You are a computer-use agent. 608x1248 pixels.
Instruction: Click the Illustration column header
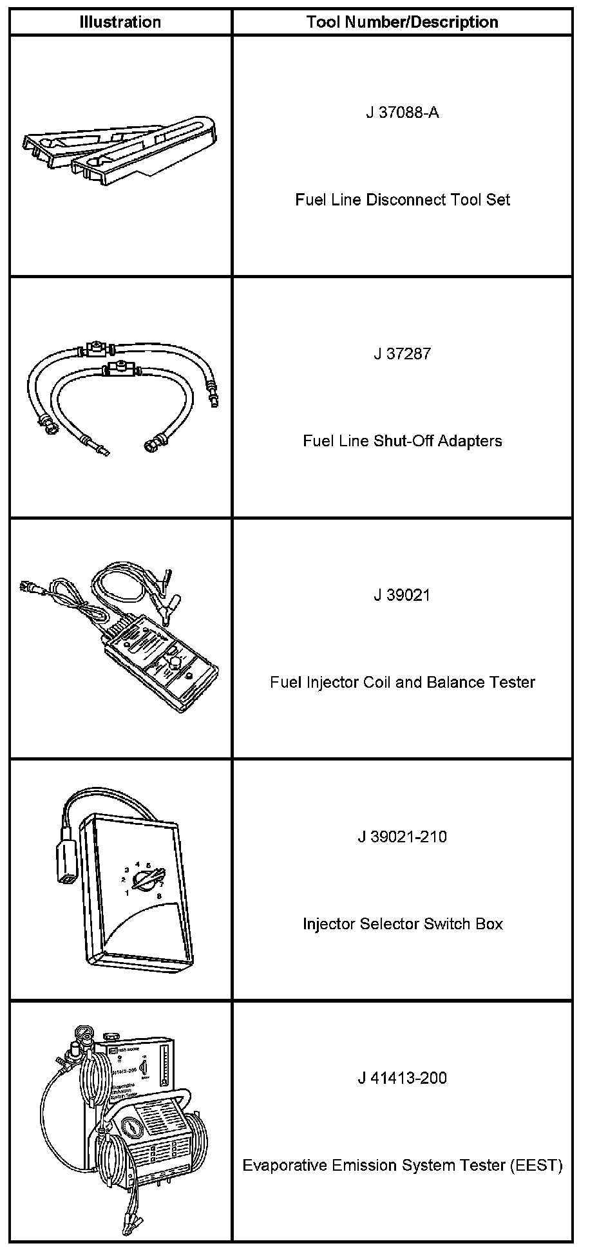[x=120, y=22]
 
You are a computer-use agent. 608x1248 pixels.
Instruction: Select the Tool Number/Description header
[x=402, y=22]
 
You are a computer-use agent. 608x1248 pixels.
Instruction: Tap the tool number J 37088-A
[x=402, y=113]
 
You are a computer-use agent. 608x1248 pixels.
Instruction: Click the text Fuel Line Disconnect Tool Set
[x=402, y=200]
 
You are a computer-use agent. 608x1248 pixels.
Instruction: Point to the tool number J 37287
[x=402, y=354]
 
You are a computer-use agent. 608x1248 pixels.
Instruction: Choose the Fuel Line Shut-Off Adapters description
[x=402, y=441]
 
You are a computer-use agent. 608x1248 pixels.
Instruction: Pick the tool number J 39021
[x=402, y=595]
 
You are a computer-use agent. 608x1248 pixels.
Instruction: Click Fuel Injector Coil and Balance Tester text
[x=402, y=682]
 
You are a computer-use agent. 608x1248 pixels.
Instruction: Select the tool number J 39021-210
[x=402, y=837]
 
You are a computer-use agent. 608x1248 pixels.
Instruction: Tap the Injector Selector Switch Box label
[x=402, y=924]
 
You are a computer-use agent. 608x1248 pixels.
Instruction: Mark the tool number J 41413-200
[x=402, y=1078]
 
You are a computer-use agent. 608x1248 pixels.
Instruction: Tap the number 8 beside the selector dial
[x=159, y=896]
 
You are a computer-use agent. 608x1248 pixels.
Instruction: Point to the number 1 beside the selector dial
[x=127, y=893]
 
